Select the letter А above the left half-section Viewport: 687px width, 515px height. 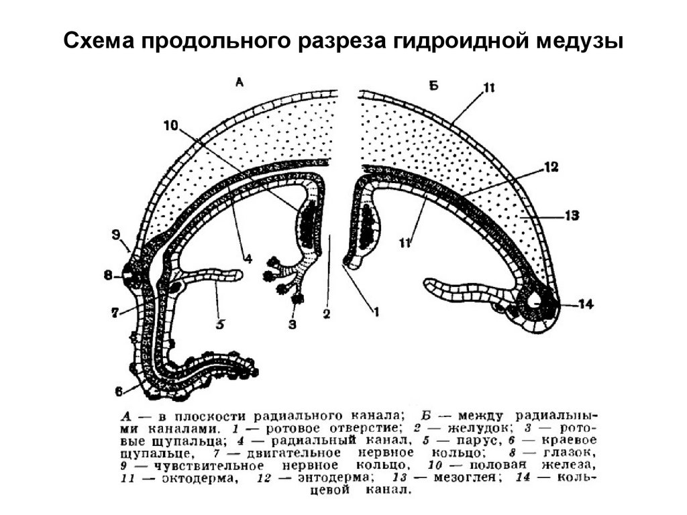[x=240, y=82]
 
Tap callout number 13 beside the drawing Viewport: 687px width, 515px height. [x=572, y=216]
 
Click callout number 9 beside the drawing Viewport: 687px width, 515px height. [x=116, y=235]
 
